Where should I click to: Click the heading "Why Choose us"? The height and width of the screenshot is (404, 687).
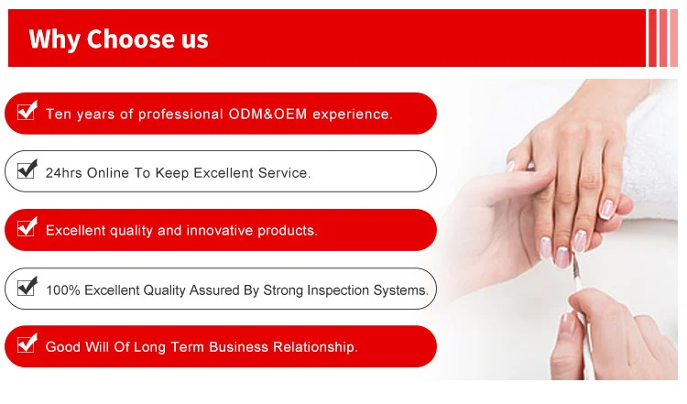point(118,39)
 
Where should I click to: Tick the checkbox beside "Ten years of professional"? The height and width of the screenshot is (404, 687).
point(27,111)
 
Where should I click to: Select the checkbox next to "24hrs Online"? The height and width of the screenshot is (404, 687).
point(27,169)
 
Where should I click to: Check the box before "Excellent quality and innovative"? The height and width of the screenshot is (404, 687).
point(27,227)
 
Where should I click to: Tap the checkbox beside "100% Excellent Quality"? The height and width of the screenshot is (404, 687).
point(27,287)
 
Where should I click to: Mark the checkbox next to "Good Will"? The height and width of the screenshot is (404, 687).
point(27,344)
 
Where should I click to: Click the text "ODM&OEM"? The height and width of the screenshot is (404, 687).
point(267,114)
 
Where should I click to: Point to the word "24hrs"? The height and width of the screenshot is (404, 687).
point(63,172)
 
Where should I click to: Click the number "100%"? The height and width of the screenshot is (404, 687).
point(63,290)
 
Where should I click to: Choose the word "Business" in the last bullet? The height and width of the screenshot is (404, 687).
point(238,347)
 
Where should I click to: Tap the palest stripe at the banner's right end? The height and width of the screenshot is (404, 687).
point(674,38)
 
